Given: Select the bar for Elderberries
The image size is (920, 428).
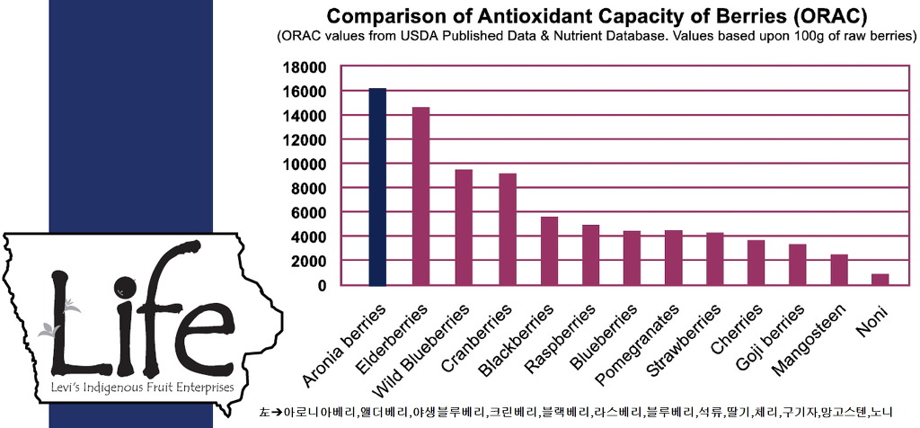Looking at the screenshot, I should (x=420, y=196).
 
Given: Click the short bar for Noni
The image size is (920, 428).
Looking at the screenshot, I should (x=880, y=280).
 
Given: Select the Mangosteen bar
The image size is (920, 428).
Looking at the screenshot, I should (x=838, y=270).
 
